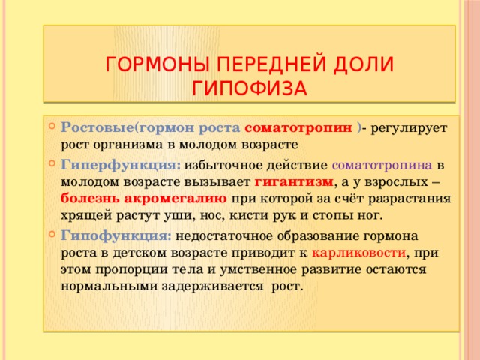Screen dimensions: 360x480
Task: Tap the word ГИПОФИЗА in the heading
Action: pyautogui.click(x=249, y=88)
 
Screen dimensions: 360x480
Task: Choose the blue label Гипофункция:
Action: pyautogui.click(x=116, y=234)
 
